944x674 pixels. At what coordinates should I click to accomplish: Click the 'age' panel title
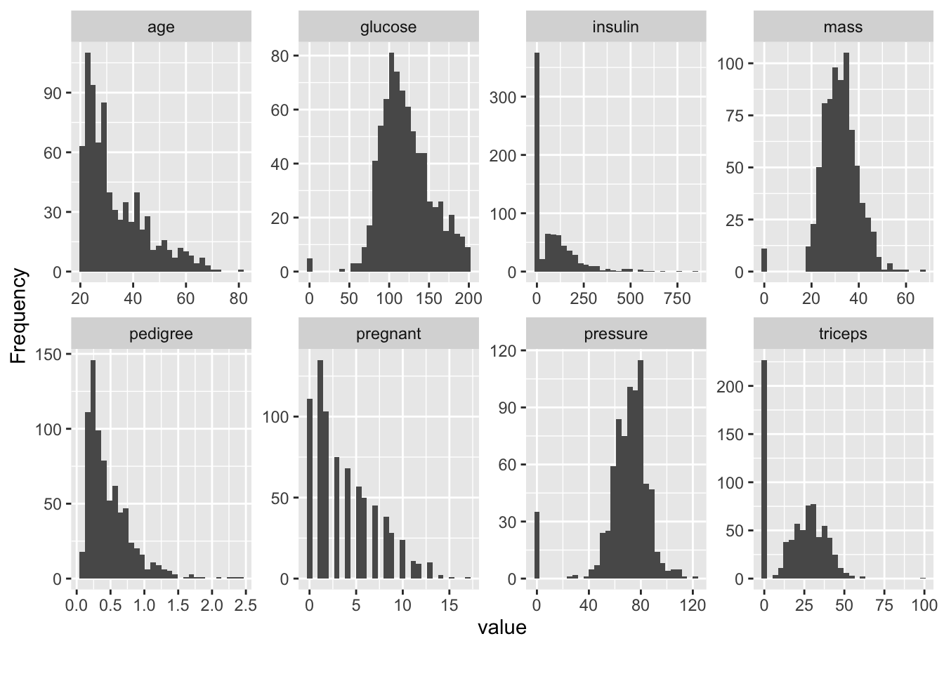pos(161,27)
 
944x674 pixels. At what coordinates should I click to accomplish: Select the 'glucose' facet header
pos(388,27)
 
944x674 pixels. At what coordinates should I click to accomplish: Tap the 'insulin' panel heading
pos(615,27)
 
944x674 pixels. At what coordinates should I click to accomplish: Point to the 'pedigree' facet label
pos(161,334)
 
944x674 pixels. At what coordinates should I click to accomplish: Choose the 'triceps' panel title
pos(843,334)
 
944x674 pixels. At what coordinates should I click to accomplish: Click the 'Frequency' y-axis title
pos(19,316)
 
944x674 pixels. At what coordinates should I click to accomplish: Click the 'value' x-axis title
pos(501,628)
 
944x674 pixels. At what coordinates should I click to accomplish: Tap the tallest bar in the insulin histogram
pos(537,161)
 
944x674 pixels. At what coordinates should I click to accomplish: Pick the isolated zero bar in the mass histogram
pos(764,260)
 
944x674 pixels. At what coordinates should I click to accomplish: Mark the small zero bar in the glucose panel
pos(310,265)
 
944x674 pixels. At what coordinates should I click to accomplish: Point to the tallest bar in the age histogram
pos(88,161)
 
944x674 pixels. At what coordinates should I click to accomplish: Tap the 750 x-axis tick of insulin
pos(678,298)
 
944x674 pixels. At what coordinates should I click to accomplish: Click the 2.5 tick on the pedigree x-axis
pos(244,605)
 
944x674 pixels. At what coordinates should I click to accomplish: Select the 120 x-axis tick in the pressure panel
pos(693,605)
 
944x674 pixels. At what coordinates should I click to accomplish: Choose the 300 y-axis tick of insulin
pos(506,97)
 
